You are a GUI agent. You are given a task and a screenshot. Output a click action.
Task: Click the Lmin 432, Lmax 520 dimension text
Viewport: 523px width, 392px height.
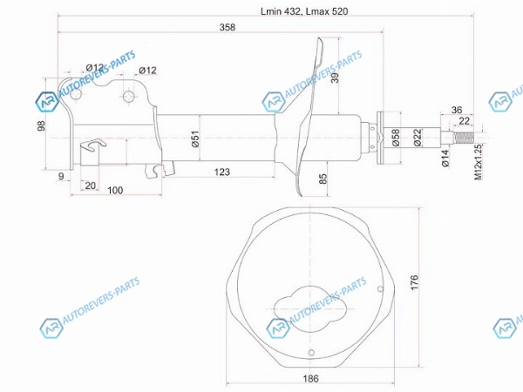[304, 11]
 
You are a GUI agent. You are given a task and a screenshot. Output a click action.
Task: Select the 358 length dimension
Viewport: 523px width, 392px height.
[228, 27]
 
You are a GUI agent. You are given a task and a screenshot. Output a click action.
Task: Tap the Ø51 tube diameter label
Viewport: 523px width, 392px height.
[195, 139]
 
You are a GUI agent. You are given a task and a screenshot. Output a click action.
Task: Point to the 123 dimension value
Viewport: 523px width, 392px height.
[221, 172]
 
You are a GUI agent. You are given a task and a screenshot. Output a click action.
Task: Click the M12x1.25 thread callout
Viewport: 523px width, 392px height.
[479, 162]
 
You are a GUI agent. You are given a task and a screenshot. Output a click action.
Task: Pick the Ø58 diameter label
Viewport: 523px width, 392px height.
[395, 138]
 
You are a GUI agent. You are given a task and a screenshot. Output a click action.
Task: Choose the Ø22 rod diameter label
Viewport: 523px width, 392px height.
[418, 138]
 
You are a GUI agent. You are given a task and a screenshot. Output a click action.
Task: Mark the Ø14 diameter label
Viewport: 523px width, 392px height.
[445, 159]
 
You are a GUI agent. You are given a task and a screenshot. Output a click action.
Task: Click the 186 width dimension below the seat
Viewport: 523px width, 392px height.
[310, 378]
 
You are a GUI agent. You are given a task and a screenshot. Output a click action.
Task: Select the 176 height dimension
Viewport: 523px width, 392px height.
[414, 282]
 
